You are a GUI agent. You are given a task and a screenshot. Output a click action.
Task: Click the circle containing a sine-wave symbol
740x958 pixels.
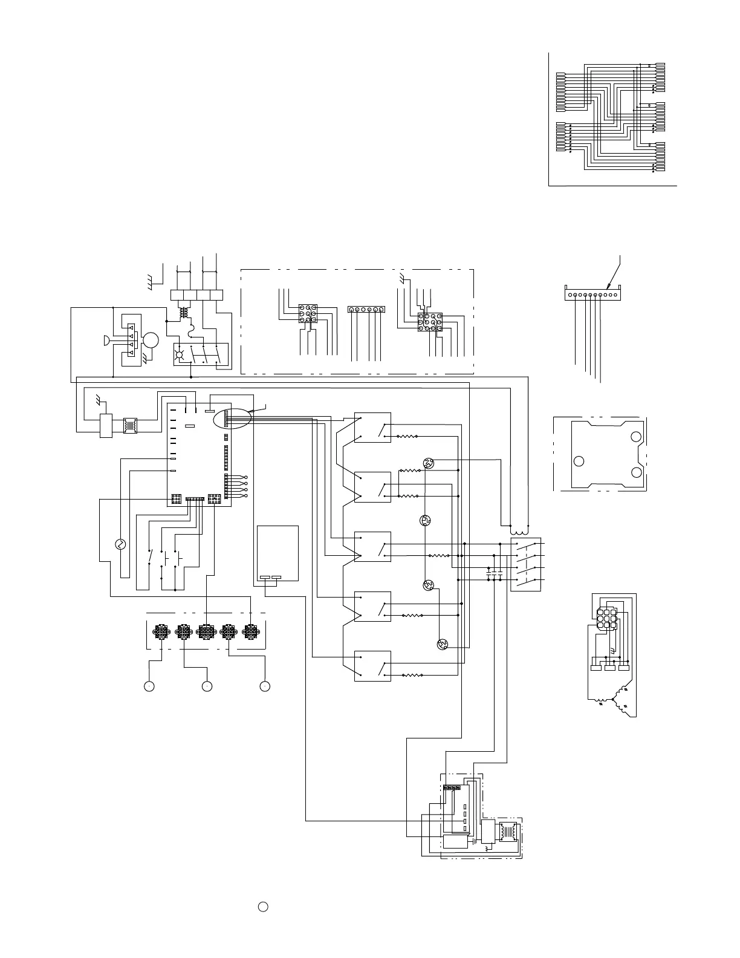(119, 544)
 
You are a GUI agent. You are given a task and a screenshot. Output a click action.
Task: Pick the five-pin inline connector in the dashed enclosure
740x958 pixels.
(366, 309)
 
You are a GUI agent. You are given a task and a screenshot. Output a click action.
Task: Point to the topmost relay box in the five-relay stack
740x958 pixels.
(372, 428)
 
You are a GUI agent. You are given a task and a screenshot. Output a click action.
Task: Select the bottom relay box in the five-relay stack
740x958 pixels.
(372, 666)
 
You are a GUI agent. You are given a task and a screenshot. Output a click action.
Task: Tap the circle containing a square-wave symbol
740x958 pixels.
(425, 520)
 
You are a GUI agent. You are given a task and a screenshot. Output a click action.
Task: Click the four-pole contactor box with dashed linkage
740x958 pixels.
(526, 564)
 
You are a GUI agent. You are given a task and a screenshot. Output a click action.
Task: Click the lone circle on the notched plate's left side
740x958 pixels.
(579, 461)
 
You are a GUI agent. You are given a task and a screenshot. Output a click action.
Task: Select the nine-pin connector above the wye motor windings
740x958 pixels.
(606, 619)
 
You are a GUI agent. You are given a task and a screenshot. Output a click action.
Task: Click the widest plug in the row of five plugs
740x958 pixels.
(206, 631)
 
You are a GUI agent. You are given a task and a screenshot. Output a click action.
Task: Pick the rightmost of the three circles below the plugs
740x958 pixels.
(264, 686)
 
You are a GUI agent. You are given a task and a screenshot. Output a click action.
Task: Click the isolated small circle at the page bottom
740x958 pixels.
(262, 907)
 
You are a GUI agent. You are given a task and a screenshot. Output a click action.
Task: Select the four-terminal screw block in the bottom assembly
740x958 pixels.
(452, 788)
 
